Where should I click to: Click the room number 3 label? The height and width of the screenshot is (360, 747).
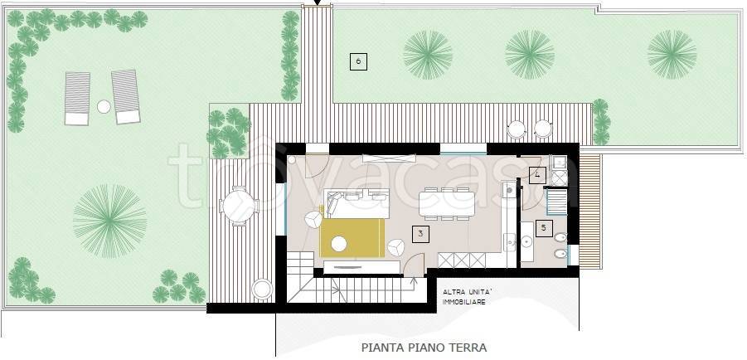pos(421,235)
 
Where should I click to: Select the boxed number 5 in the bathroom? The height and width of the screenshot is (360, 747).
pos(544,226)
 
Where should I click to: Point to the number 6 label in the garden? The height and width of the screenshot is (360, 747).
pos(357,61)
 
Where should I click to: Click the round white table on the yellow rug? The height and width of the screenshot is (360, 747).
pos(339,244)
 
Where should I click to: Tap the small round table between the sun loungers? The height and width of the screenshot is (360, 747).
pos(104,106)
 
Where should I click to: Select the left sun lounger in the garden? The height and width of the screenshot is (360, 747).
pos(77,97)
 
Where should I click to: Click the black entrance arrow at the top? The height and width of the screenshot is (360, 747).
pos(315,4)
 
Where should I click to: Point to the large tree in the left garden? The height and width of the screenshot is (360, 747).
pos(109,219)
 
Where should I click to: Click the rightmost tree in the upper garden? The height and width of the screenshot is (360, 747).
pos(672,54)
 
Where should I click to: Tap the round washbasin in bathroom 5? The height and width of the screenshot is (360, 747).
pos(528,241)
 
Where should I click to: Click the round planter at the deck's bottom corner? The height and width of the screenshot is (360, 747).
pos(261,288)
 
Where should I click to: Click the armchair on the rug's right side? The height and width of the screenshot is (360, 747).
pos(395,247)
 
